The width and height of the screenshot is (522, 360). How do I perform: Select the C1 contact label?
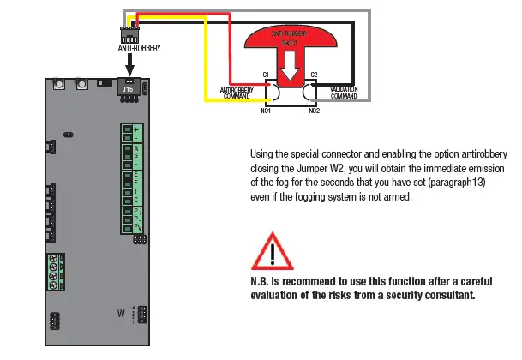(267, 75)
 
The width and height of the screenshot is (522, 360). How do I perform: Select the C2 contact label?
(314, 75)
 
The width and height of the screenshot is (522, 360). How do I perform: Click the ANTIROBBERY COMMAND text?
(236, 92)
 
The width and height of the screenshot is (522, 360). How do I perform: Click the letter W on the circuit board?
(120, 314)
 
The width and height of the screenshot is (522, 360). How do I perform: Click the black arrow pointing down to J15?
(129, 67)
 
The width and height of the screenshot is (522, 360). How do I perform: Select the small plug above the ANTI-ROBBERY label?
(129, 35)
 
